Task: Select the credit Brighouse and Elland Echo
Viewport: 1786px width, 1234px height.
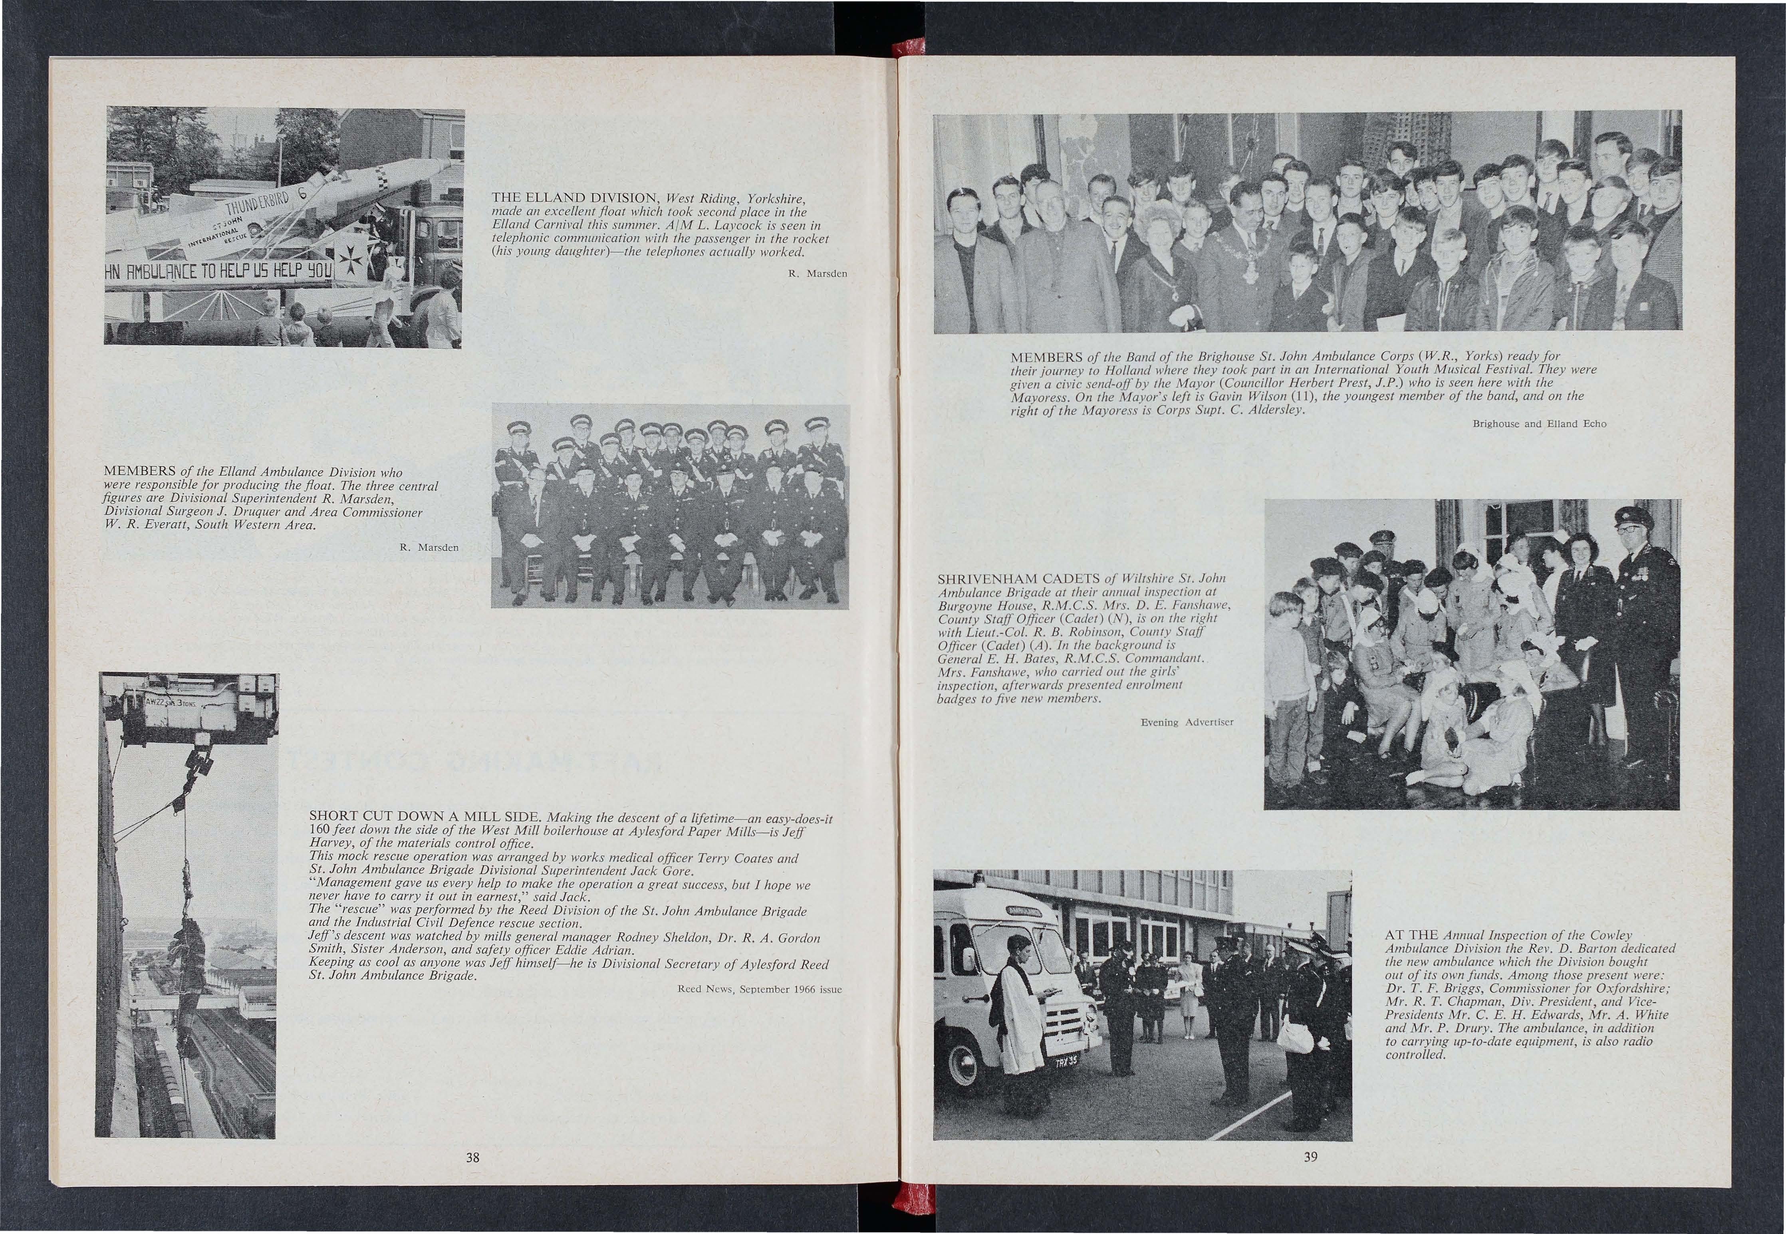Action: (x=1539, y=424)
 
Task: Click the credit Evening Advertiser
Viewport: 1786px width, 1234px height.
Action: (x=1187, y=722)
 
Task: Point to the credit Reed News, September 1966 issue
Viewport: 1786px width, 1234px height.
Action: (x=759, y=989)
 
